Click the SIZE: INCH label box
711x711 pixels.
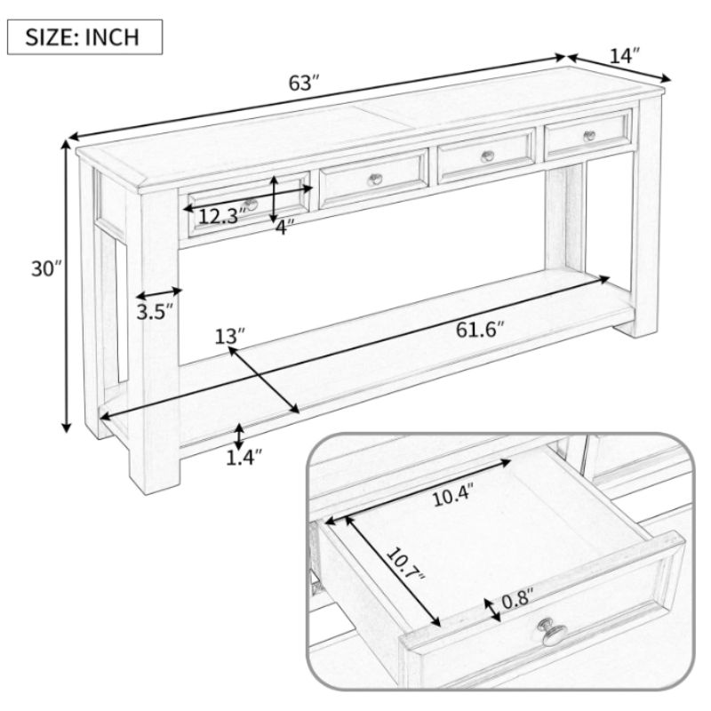coord(84,37)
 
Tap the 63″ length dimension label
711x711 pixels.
coord(304,83)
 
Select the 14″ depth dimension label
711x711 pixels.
coord(624,56)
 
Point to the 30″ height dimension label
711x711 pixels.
coord(46,269)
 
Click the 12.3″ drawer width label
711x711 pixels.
coord(222,216)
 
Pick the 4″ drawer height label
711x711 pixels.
coord(284,227)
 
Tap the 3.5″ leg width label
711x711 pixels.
coord(155,313)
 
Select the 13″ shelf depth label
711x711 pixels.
coord(229,337)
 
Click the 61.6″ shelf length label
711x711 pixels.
coord(480,330)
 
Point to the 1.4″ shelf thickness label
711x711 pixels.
coord(244,458)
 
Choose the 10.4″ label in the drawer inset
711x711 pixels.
coord(453,495)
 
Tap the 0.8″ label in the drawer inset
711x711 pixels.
coord(518,601)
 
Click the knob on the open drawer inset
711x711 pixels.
coord(553,632)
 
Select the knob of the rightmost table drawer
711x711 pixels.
coord(589,136)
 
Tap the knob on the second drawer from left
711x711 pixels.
coord(374,180)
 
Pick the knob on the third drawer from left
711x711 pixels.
coord(487,156)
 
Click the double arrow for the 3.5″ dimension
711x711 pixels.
coord(159,293)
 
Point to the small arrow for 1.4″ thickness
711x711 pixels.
coord(239,436)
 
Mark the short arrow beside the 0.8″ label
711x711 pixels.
coord(492,610)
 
